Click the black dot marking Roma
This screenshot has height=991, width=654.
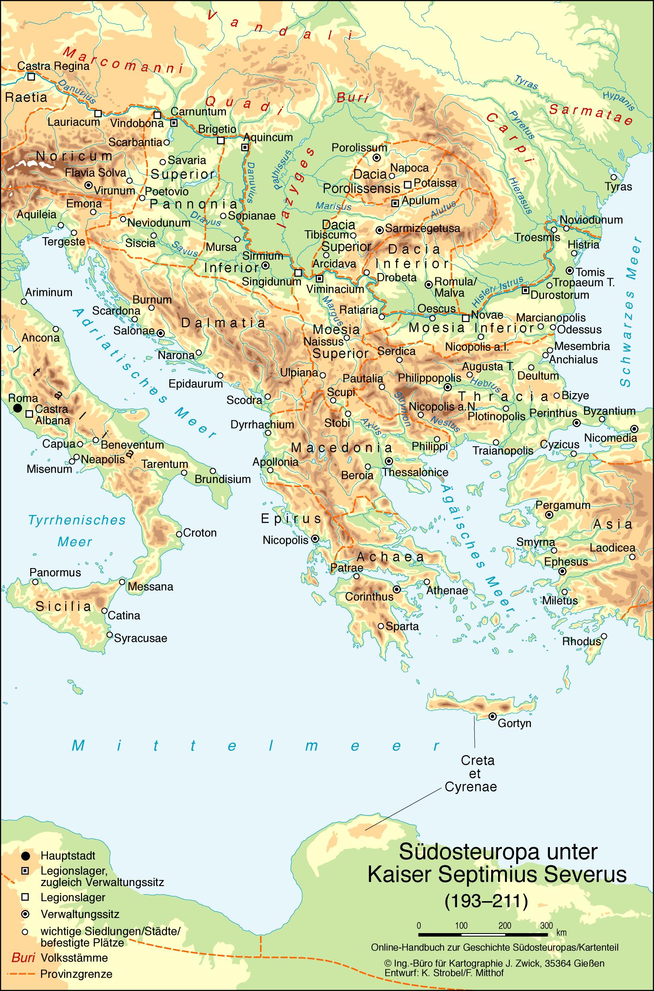(x=17, y=408)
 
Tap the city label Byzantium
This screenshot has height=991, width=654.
(x=609, y=410)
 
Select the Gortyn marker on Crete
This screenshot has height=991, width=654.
(x=492, y=716)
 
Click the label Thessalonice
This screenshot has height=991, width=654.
(x=415, y=472)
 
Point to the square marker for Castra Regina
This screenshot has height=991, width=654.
(x=31, y=76)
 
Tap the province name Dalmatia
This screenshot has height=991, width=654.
(x=223, y=323)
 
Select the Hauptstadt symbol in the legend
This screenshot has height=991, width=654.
(x=25, y=856)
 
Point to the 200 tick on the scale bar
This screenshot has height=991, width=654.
(x=504, y=925)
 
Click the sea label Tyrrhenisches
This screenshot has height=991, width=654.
(x=77, y=520)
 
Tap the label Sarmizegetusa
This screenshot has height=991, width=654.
(x=422, y=229)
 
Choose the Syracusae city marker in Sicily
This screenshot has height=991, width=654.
(x=110, y=635)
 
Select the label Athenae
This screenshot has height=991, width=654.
(x=447, y=590)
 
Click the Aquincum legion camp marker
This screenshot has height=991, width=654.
(x=245, y=147)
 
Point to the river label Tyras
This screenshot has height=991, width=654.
(x=526, y=82)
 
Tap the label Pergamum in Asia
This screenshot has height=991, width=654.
(x=562, y=505)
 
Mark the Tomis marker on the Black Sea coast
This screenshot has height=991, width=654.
(x=570, y=271)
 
